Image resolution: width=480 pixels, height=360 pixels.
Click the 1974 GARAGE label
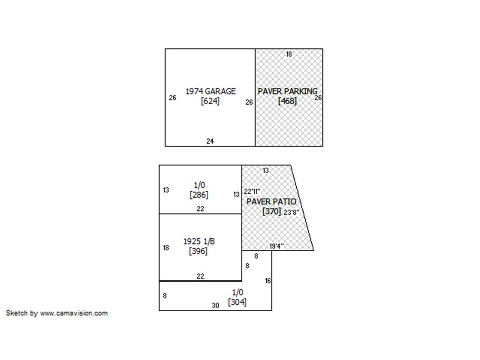coord(210,91)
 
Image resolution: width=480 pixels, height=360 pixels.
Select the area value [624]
coord(210,101)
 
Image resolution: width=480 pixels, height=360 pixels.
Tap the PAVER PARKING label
coord(287,91)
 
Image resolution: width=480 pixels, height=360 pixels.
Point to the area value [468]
coord(287,101)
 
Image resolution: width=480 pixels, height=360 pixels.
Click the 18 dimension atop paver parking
coord(289,54)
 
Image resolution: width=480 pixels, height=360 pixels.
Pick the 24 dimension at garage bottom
coord(210,141)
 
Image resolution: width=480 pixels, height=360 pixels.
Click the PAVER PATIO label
coord(271,202)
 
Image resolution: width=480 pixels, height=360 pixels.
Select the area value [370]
coord(271,211)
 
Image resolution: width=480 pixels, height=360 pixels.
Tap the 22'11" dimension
coord(252,192)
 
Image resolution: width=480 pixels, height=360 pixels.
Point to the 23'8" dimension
coord(292,212)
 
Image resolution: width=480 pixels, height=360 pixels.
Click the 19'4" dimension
coord(277,246)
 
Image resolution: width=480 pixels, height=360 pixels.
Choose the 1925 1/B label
coord(199,241)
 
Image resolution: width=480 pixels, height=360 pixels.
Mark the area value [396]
coord(198,251)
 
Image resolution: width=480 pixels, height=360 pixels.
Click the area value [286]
coord(199,195)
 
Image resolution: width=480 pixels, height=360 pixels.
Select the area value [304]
coord(237,302)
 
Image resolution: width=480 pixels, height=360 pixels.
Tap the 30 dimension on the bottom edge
coord(216,306)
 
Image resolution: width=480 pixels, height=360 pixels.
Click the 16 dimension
coord(268,281)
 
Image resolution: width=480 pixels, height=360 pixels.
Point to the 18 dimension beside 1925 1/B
coord(166,247)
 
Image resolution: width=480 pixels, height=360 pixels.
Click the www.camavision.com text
coord(74,313)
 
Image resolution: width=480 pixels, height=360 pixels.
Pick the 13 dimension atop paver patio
coord(266,171)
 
